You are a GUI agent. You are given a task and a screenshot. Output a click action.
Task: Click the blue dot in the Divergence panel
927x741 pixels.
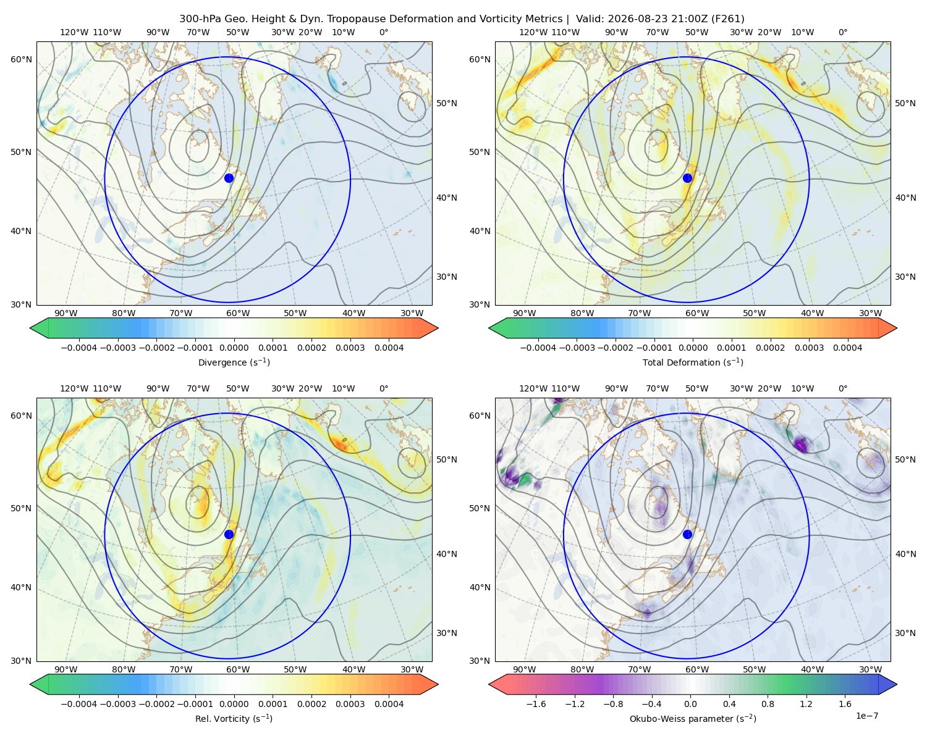(229, 178)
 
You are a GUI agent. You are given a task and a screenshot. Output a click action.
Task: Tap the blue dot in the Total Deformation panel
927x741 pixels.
(687, 178)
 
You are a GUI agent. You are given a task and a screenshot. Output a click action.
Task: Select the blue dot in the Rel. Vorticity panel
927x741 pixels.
(229, 534)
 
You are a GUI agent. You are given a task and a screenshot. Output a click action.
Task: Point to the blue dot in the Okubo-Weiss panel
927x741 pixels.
(687, 534)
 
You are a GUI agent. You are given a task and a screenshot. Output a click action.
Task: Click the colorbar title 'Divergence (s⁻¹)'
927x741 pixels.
(234, 362)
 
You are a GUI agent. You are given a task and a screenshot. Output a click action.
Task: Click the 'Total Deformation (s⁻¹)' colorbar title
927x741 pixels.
(693, 362)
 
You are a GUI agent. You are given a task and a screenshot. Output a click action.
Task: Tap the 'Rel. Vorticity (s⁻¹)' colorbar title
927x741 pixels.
(234, 719)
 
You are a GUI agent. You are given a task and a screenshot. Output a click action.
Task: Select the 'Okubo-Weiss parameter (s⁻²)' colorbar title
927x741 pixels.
(693, 719)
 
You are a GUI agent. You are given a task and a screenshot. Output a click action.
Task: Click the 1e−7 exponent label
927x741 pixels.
(866, 716)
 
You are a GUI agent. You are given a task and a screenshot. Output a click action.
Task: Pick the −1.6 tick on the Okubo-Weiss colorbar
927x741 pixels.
(536, 704)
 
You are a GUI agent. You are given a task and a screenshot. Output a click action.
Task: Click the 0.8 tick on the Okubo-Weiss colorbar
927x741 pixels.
(768, 704)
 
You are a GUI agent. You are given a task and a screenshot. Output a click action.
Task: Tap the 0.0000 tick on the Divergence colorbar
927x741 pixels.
(234, 348)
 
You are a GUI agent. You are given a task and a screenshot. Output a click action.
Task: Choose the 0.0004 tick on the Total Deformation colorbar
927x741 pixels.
(847, 348)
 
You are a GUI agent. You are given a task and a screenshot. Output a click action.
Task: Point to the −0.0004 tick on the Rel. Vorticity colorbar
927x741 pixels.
(79, 704)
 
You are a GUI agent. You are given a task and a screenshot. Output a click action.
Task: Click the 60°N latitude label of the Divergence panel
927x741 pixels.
(21, 59)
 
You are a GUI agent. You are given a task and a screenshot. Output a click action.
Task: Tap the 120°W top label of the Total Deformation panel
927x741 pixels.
(533, 32)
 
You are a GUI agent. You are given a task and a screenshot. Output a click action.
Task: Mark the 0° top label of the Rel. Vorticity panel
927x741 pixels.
(384, 388)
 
